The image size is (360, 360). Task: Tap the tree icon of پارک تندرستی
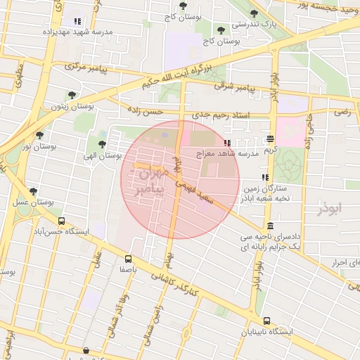click(x=252, y=13)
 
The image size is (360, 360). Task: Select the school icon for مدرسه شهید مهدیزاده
click(x=77, y=21)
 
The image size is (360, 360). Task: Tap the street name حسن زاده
click(x=145, y=111)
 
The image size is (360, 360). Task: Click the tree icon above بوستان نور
click(x=39, y=134)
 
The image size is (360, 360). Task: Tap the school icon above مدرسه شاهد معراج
click(x=226, y=143)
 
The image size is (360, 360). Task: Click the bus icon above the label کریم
click(x=271, y=139)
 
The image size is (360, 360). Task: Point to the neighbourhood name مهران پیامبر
click(x=150, y=179)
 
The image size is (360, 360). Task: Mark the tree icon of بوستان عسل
click(x=33, y=191)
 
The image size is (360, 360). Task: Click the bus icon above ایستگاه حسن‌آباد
click(x=62, y=220)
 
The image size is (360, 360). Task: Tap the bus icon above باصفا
click(x=128, y=258)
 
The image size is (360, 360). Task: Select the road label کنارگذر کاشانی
click(x=176, y=283)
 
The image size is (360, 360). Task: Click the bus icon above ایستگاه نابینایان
click(x=265, y=321)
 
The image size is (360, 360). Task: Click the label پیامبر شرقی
click(x=241, y=88)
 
